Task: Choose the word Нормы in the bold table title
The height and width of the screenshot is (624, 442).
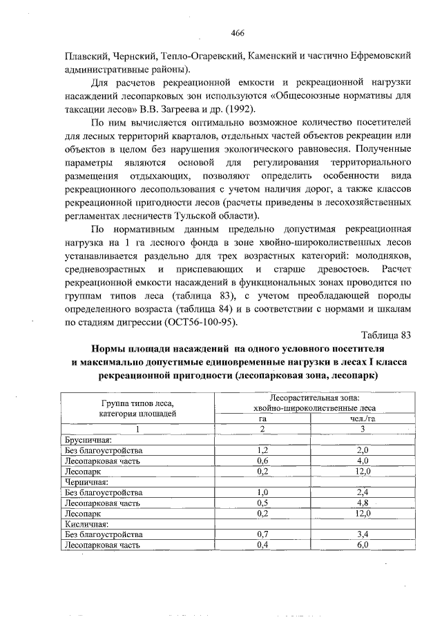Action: (x=112, y=350)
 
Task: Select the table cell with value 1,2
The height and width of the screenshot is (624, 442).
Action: (x=262, y=450)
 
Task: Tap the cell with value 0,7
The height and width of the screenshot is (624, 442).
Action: (x=262, y=534)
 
